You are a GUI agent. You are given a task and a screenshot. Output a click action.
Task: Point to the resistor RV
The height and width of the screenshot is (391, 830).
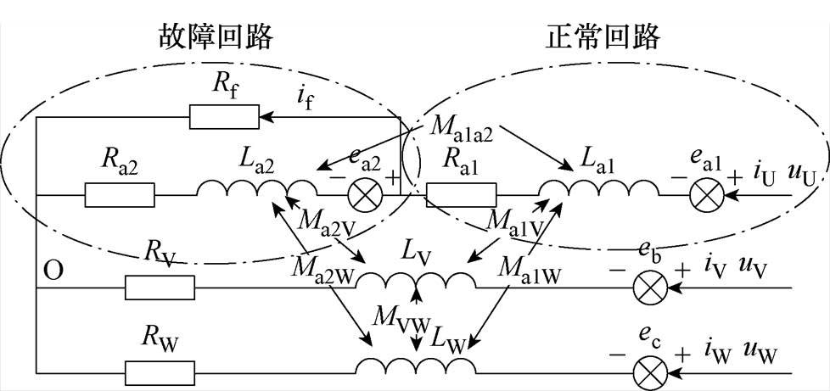pos(160,288)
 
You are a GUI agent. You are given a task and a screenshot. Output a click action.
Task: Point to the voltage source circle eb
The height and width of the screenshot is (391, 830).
pos(651,288)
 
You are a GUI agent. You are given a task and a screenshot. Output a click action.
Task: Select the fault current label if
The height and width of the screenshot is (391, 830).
pos(309,103)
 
